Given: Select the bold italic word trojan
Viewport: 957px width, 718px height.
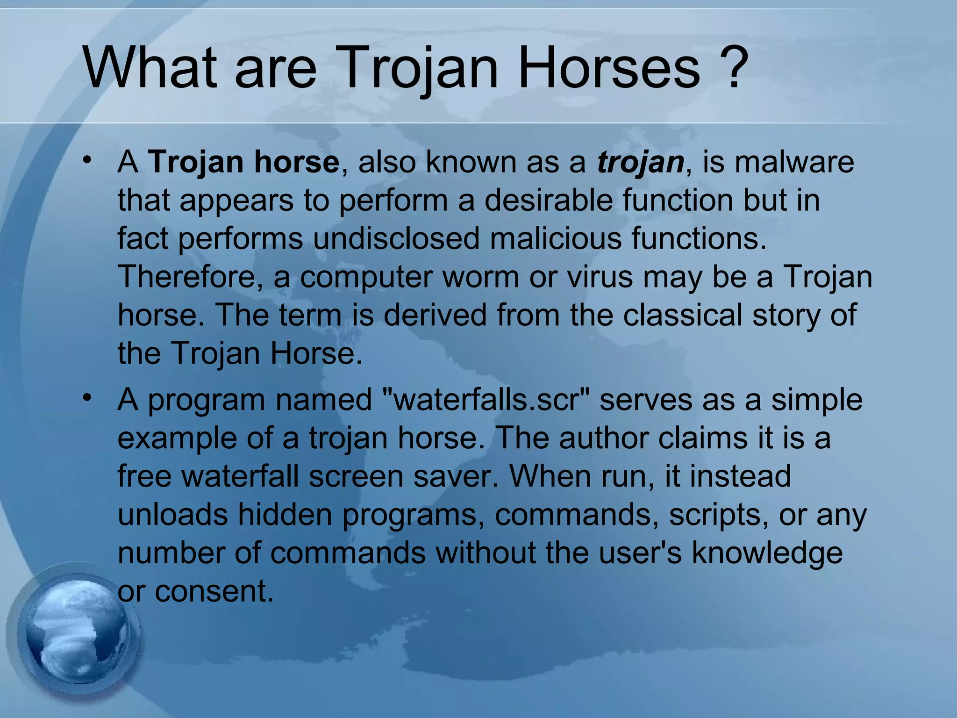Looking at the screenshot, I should (x=640, y=162).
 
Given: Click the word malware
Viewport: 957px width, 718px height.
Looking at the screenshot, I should (x=794, y=162).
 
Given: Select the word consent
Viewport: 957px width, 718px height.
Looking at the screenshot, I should (x=213, y=591).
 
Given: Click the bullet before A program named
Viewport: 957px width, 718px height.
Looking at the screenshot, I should (x=87, y=398).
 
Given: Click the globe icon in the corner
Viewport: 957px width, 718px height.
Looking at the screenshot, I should (x=75, y=636).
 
